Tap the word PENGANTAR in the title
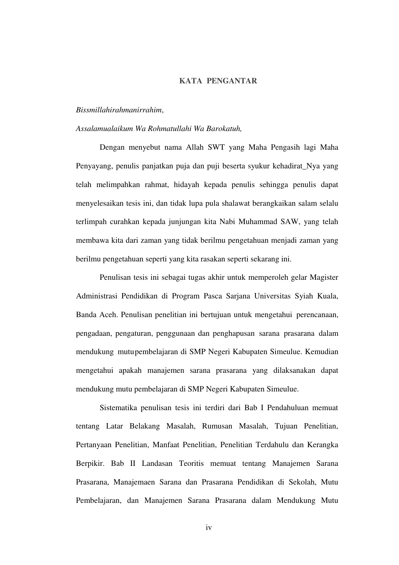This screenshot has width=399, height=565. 231,81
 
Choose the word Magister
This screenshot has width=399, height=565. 324,278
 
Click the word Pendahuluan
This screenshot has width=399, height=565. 286,408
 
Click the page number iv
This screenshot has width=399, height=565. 209,528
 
